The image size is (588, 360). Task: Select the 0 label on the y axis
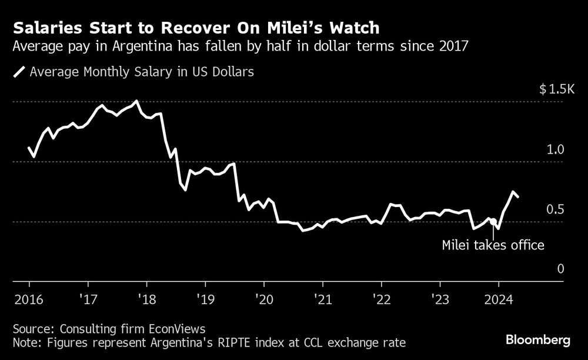560,269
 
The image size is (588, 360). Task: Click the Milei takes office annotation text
493,245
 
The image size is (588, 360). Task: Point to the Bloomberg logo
539,340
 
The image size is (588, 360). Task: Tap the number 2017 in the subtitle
453,46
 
